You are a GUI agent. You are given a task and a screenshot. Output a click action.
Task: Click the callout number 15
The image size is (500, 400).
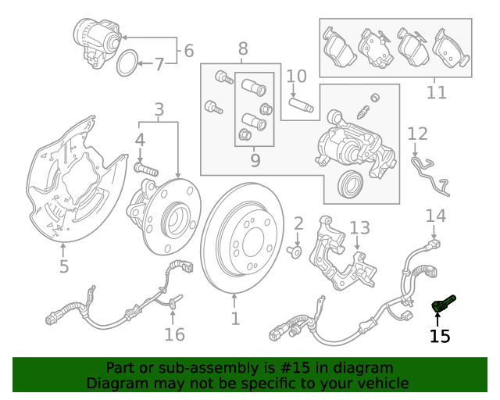click(x=440, y=337)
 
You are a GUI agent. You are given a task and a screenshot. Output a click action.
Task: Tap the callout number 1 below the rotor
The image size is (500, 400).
click(x=234, y=319)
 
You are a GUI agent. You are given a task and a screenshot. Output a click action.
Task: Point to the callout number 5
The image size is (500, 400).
click(x=64, y=267)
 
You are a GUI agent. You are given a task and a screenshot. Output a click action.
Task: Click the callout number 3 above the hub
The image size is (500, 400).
click(x=159, y=110)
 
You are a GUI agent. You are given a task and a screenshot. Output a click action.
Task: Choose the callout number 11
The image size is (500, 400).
click(x=437, y=92)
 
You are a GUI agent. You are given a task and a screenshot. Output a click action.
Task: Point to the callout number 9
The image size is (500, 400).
click(x=255, y=162)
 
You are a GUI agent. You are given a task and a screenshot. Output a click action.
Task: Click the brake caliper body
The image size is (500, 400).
click(x=352, y=148)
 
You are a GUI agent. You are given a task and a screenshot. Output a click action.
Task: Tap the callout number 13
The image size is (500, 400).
click(x=359, y=228)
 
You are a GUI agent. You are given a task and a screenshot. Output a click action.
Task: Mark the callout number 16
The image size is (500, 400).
click(x=174, y=334)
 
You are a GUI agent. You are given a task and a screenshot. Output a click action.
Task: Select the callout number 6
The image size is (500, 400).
click(x=188, y=52)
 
